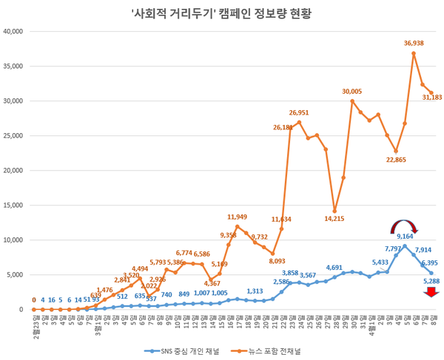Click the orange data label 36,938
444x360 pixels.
click(414, 44)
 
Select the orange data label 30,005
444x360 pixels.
click(351, 91)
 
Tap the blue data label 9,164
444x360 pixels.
click(405, 237)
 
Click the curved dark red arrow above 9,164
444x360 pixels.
click(405, 223)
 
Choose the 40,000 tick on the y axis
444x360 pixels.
click(15, 32)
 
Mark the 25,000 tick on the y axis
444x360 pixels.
click(15, 136)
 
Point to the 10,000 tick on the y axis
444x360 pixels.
click(15, 240)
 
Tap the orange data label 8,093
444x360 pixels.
click(277, 261)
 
